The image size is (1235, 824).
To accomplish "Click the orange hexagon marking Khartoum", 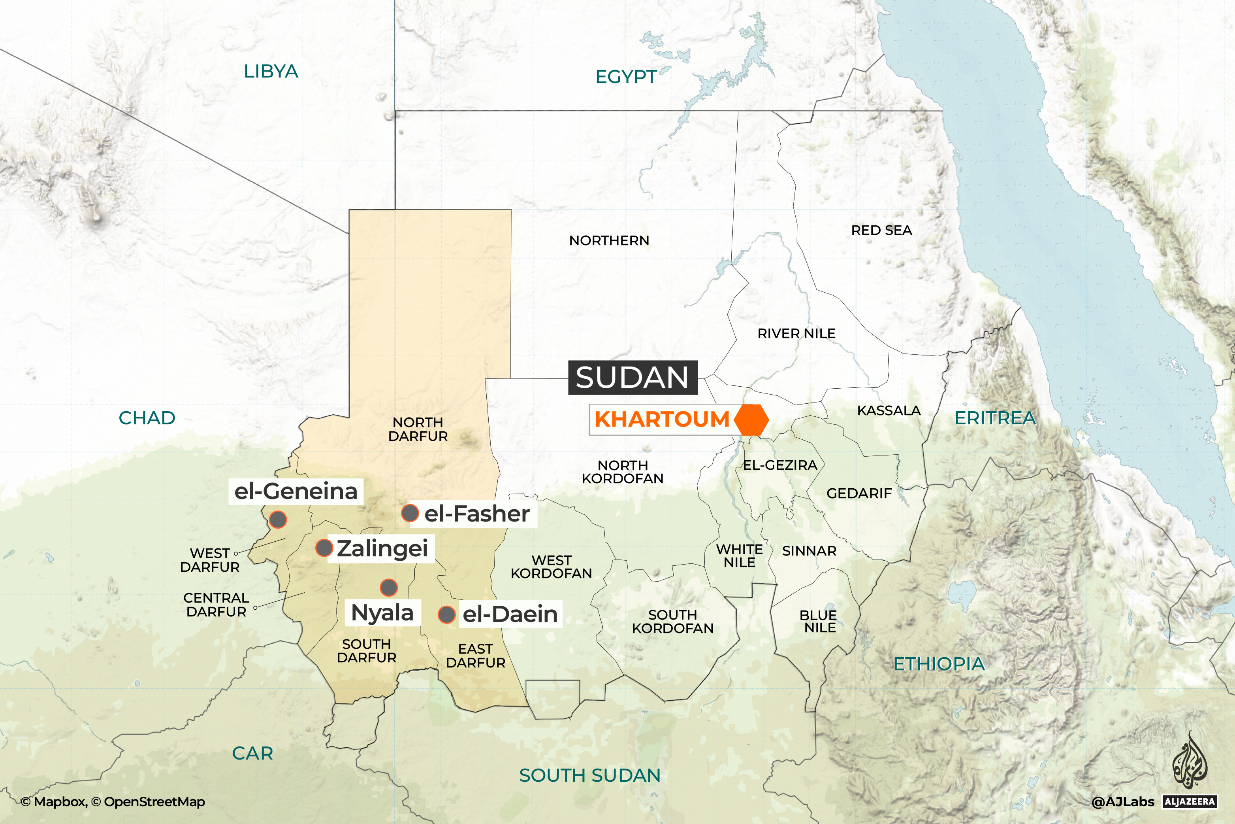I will pyautogui.click(x=751, y=420).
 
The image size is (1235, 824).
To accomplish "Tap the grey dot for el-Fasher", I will pyautogui.click(x=410, y=513).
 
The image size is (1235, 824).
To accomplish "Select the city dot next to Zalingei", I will pyautogui.click(x=324, y=548).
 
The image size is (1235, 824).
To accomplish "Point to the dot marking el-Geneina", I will pyautogui.click(x=278, y=519).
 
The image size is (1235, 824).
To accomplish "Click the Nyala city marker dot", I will pyautogui.click(x=389, y=587).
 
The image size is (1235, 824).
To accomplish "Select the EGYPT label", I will pyautogui.click(x=625, y=77).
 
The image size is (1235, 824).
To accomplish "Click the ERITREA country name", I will pyautogui.click(x=995, y=418).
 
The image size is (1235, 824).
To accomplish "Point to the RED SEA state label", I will pyautogui.click(x=882, y=230).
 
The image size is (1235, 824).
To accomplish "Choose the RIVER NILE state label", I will pyautogui.click(x=796, y=333).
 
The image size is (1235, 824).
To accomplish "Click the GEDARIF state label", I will pyautogui.click(x=859, y=493).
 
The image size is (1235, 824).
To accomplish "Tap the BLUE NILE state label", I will pyautogui.click(x=818, y=621).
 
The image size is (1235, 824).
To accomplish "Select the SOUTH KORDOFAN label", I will pyautogui.click(x=673, y=621).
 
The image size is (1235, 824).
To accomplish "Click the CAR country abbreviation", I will pyautogui.click(x=252, y=753).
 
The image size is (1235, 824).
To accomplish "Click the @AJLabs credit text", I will pyautogui.click(x=1123, y=802).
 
